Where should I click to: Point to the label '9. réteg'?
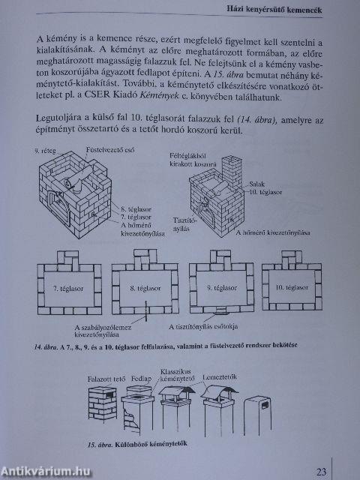(46, 151)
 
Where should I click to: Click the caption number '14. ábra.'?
(47, 347)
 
